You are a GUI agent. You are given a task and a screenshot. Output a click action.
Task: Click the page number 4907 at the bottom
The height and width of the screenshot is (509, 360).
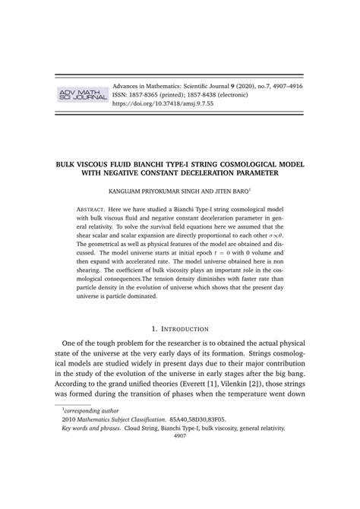(x=180, y=480)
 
